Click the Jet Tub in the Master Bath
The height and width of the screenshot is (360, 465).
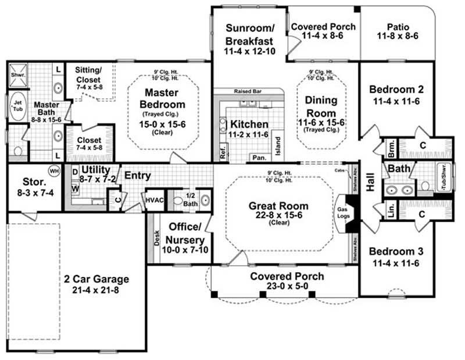point(17,103)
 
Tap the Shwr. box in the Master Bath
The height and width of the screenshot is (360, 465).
point(16,74)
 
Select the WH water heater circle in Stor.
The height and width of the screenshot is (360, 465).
point(54,172)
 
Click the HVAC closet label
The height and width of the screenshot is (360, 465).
point(153,199)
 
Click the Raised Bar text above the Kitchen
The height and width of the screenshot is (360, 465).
point(246,91)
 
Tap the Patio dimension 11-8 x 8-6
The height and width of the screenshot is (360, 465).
point(398,36)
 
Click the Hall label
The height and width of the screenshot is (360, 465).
point(370,184)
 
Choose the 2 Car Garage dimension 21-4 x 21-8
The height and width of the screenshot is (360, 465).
point(96,290)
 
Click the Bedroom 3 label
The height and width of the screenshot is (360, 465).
point(396,252)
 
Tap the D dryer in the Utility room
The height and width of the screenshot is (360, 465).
point(76,172)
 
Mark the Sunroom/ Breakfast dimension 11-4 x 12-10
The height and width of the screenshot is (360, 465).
point(249,52)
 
